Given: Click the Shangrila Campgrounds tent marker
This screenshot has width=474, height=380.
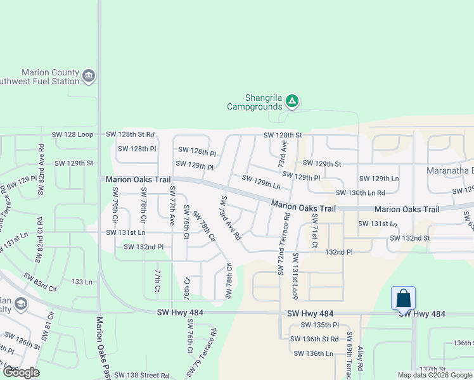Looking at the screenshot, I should pos(291,101).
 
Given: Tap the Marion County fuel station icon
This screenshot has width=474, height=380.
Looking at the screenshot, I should pos(88,77).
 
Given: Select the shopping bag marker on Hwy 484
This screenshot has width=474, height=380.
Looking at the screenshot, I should pos(404,299).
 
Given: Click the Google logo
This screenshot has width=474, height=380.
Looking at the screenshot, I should pos(21,372).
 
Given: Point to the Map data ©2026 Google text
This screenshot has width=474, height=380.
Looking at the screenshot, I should pos(434,375).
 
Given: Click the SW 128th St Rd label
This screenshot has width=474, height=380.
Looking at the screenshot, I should pos(130,134).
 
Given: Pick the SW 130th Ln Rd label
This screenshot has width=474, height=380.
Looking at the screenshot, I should pos(360,193).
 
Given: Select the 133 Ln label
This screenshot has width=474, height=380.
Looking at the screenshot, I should pos(82,281).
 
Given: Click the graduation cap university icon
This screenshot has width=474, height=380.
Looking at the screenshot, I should pos(20,305).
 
